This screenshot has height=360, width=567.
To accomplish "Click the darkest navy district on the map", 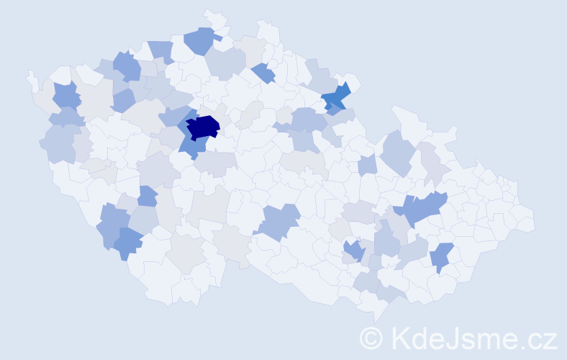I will (203, 127).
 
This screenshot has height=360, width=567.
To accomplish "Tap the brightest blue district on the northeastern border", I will (336, 98).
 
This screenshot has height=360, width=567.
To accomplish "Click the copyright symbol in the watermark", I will (371, 337).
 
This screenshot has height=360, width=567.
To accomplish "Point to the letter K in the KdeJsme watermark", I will (401, 337).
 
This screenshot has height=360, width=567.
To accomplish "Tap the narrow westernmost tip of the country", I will (30, 75).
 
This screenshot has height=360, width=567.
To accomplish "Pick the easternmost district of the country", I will (525, 220).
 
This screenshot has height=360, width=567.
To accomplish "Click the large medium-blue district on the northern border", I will (201, 40).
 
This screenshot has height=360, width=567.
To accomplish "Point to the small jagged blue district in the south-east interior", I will (353, 251).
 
